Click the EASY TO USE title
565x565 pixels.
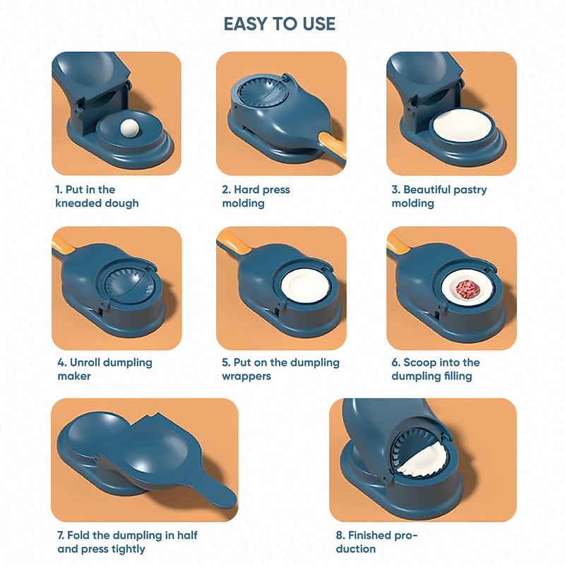(280, 24)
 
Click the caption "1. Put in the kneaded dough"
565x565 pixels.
(97, 196)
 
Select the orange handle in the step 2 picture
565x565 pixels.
(333, 145)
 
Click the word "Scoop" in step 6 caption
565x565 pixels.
(420, 362)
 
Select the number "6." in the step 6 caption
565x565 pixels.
(396, 362)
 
